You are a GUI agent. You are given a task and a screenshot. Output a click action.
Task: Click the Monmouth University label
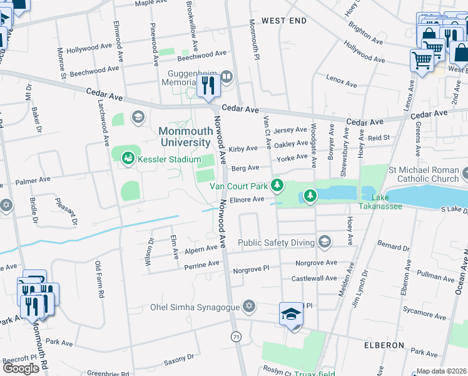click(185, 137)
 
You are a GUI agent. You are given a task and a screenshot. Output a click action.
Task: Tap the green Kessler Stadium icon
click(128, 158)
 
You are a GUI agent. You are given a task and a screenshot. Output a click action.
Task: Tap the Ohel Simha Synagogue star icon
click(249, 306)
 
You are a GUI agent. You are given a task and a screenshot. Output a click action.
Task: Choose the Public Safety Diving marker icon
click(324, 242)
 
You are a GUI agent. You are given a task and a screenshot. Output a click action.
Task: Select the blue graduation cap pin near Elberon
click(291, 314)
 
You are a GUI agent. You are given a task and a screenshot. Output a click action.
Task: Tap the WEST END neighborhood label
click(284, 21)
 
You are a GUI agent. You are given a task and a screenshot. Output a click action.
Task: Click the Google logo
click(21, 368)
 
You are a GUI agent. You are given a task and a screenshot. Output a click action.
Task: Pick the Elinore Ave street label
click(247, 199)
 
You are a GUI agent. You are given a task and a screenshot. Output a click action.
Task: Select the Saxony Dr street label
click(179, 358)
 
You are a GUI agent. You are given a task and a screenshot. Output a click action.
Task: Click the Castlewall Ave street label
click(314, 278)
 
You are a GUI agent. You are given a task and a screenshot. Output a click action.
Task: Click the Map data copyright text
click(442, 371)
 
